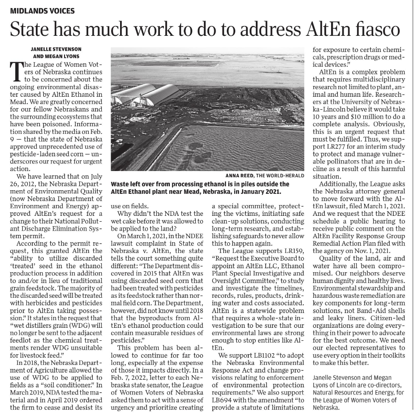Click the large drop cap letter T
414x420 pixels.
(16, 71)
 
